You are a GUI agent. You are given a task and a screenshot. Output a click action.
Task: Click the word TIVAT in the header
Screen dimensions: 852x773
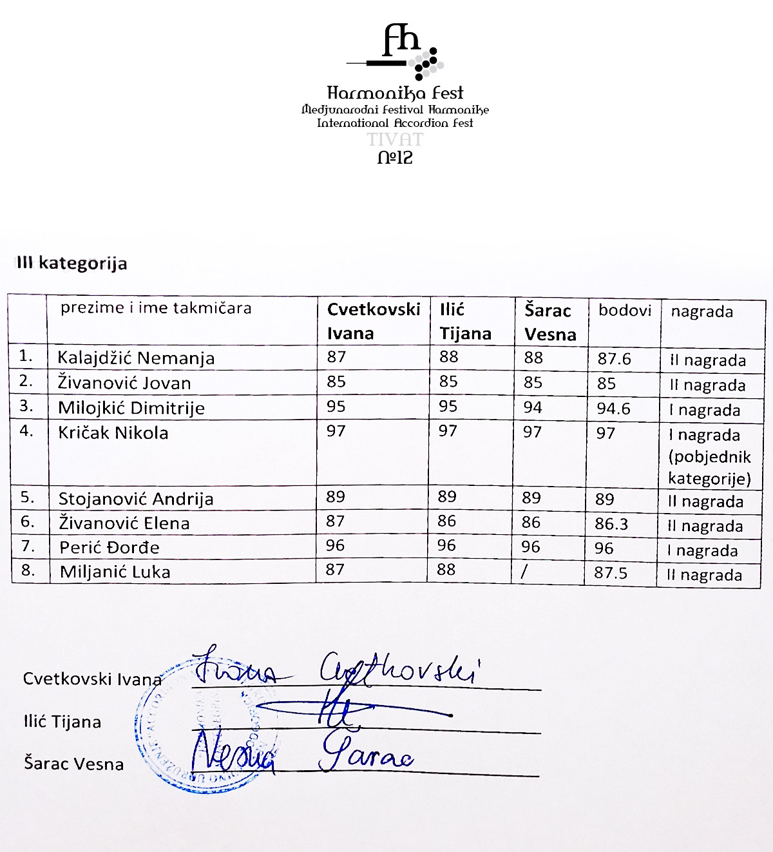point(395,139)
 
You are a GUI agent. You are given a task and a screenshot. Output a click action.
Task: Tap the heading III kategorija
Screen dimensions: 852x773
point(72,263)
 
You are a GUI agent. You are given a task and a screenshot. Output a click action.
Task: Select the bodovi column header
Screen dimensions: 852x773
point(624,311)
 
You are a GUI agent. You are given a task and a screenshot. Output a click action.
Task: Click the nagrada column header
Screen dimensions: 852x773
point(701,312)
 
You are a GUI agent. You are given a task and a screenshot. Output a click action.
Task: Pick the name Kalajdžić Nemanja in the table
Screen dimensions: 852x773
point(136,358)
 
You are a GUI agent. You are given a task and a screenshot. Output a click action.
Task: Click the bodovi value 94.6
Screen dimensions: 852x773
point(613,409)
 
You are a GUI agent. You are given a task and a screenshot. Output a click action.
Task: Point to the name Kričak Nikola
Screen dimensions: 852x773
point(113,432)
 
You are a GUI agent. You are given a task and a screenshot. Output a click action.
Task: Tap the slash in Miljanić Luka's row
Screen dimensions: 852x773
point(524,571)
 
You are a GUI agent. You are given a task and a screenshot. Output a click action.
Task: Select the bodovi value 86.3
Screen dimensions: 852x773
point(611,524)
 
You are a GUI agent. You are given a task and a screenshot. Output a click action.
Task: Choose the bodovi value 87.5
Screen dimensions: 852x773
point(611,573)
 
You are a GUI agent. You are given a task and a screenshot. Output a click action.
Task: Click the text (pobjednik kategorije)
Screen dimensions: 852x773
point(709,468)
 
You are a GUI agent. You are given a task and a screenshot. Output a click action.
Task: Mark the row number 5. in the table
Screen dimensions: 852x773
point(27,498)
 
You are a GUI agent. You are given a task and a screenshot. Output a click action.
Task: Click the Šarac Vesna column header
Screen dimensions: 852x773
point(549,322)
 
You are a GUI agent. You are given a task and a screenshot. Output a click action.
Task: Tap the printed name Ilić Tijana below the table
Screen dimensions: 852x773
point(62,722)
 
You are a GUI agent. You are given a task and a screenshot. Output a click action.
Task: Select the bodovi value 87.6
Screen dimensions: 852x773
point(614,360)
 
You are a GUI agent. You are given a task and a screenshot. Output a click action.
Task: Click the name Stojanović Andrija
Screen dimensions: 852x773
point(136,499)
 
